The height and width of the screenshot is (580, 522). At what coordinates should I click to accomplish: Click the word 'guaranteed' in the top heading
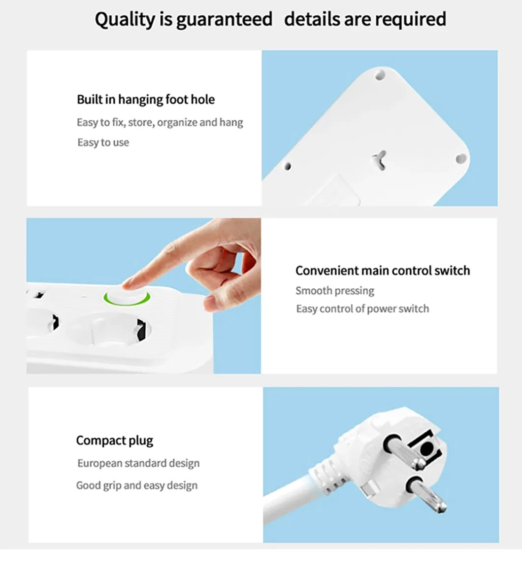(x=225, y=20)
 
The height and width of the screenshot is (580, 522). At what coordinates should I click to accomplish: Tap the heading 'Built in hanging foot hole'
(x=146, y=100)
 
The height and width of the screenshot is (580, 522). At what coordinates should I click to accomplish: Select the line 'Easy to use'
(x=103, y=142)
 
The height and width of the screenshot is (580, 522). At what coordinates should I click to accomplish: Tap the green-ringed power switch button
(x=127, y=298)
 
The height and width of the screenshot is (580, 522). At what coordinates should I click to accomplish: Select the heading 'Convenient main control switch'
(x=383, y=271)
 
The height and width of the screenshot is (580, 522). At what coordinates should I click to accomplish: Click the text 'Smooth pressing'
(x=335, y=291)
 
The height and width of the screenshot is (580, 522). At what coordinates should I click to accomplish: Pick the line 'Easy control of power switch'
(x=362, y=308)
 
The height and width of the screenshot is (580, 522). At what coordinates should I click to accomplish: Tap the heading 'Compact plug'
(x=115, y=441)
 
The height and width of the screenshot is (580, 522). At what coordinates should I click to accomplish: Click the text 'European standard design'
(x=138, y=463)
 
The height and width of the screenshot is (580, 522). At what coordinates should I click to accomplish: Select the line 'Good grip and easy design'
(x=137, y=485)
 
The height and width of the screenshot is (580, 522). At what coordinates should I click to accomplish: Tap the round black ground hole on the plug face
(x=427, y=449)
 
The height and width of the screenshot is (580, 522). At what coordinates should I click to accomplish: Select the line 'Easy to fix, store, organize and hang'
(x=160, y=122)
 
